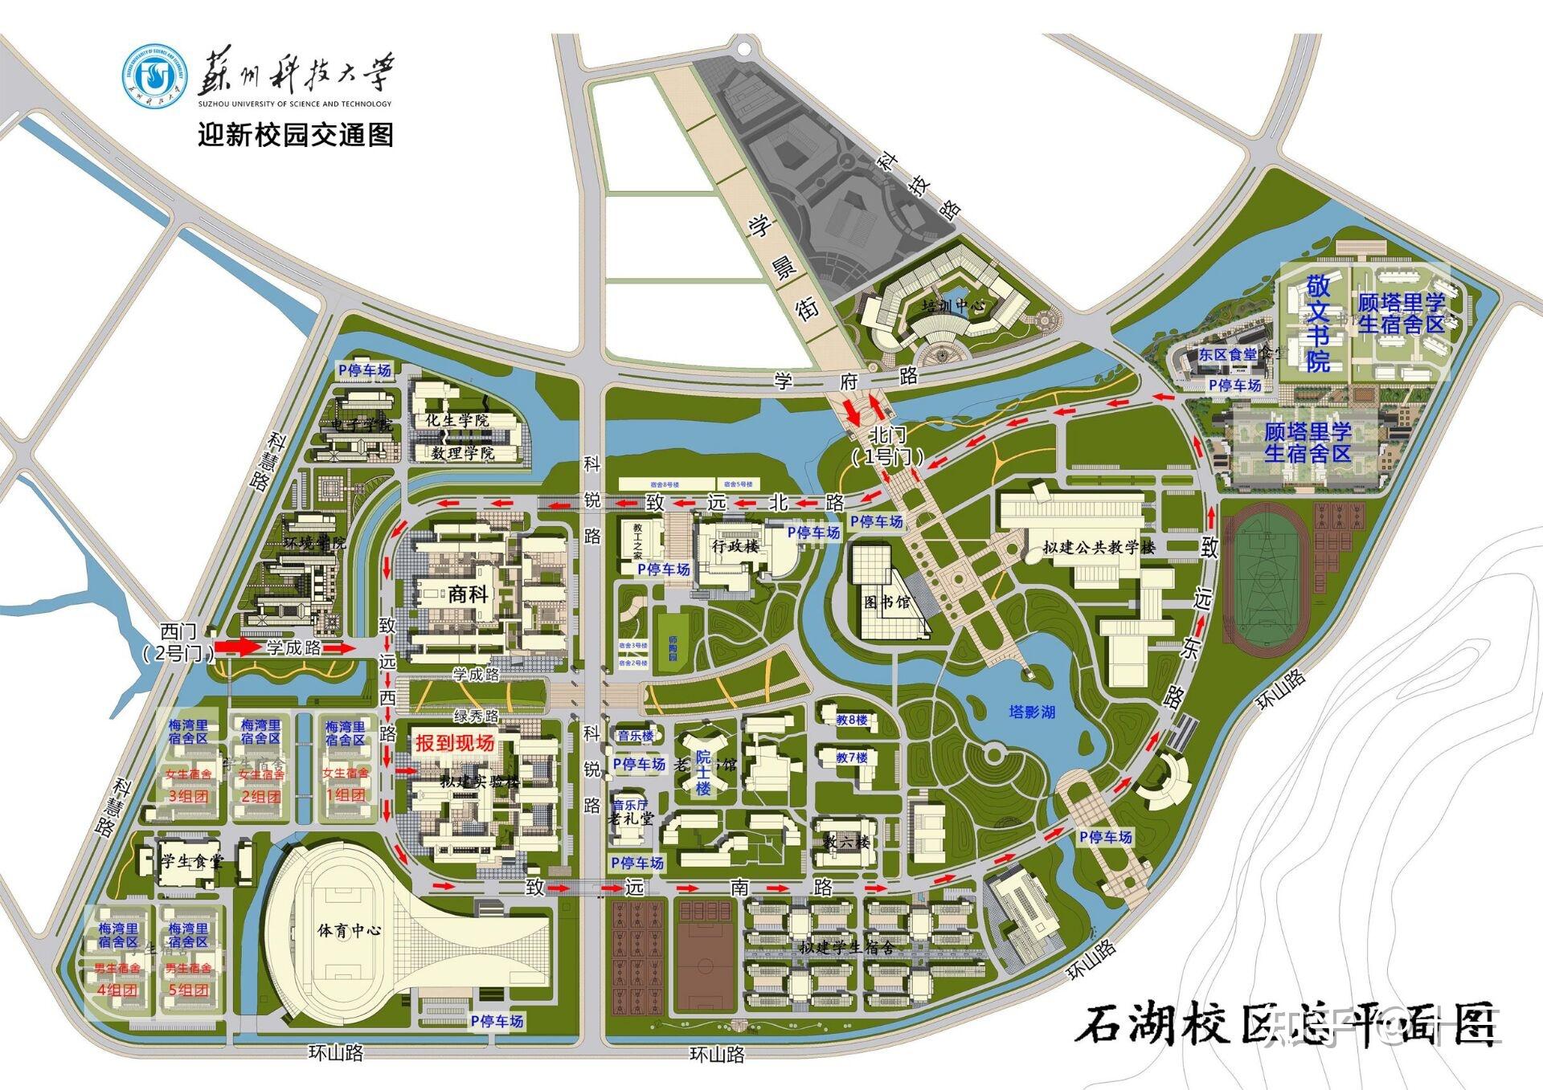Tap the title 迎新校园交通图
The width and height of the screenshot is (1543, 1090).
point(296,134)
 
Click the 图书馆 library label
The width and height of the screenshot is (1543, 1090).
point(887,602)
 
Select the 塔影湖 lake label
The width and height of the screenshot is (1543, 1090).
point(1032,712)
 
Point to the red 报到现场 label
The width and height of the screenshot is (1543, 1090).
point(454,743)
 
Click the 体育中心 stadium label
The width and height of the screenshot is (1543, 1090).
point(349,930)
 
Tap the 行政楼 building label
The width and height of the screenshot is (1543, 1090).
point(735,546)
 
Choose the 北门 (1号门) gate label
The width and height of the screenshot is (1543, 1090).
point(888,446)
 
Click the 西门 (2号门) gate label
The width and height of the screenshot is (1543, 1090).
point(178,642)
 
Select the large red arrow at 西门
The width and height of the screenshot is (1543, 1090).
point(238,647)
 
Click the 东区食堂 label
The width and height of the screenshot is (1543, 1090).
point(1228,354)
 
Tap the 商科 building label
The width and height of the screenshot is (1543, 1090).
point(468,594)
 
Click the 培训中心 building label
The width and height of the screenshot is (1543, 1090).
point(953,306)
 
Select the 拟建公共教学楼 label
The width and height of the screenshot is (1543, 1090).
point(1099,548)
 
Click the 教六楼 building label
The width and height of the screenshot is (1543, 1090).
point(845,842)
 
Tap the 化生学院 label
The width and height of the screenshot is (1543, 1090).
point(456,420)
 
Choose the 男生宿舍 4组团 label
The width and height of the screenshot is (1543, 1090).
point(117,979)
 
